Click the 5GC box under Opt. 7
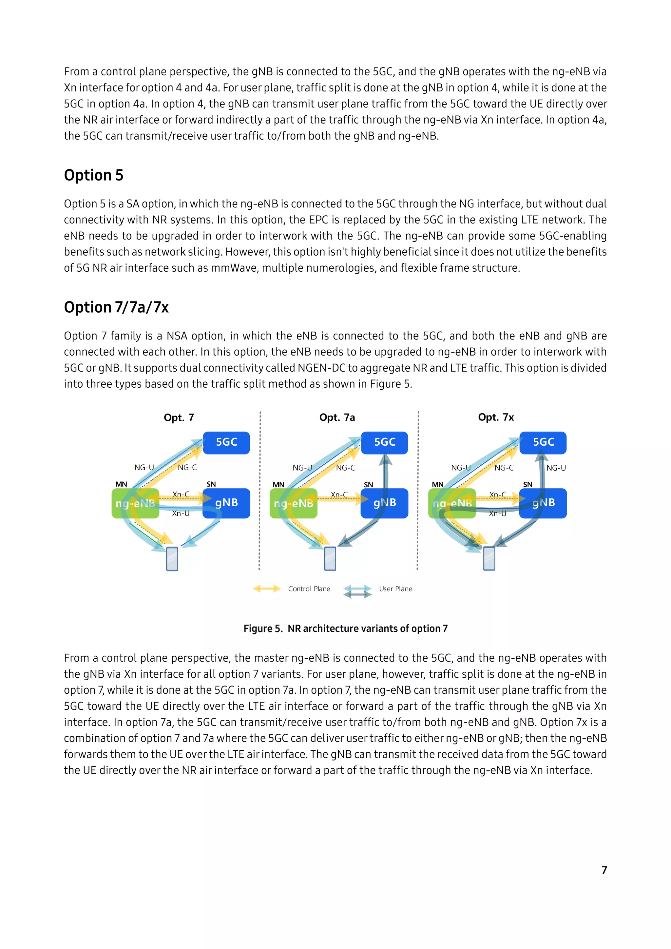pos(226,443)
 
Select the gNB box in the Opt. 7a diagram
pos(384,503)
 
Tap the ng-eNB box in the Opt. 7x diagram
pos(452,503)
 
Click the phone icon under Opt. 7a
pos(330,558)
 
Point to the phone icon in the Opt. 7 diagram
pos(172,558)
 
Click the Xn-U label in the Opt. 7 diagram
pos(181,513)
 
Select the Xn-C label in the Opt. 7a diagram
pos(339,494)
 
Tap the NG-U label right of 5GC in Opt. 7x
pos(556,468)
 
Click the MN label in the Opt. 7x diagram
pos(437,484)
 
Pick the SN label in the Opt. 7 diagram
pos(211,484)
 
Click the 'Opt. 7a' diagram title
pos(337,417)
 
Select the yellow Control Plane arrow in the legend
pos(267,589)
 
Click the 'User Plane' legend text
pos(395,589)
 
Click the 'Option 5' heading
pos(94,175)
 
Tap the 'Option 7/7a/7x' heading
pos(117,307)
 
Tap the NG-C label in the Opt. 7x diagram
pos(504,468)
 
